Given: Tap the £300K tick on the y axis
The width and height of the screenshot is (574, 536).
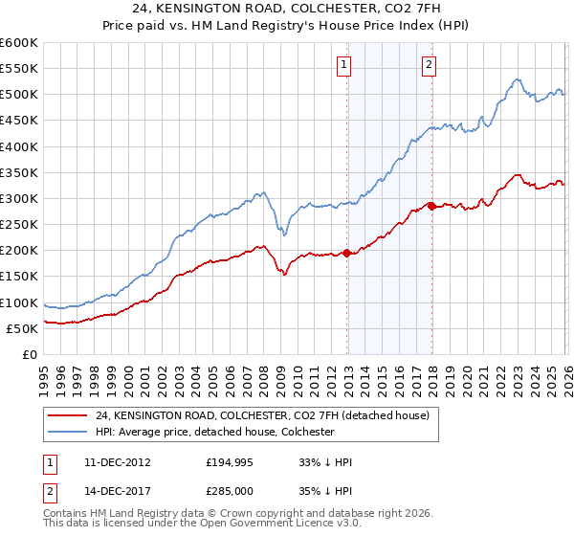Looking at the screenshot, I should point(19,199).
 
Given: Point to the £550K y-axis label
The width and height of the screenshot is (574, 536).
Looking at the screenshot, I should point(19,69).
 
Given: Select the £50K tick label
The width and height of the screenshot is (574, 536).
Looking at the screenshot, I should point(22,329).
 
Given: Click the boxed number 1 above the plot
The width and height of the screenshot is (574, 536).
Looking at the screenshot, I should point(342,65).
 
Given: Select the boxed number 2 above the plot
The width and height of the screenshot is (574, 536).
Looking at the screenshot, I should point(428,65).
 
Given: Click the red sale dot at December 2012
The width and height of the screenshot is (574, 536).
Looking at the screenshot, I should point(347,253).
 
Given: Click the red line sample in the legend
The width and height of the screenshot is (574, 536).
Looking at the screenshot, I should point(69,415).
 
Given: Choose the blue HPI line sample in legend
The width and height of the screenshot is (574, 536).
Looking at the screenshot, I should point(69,432).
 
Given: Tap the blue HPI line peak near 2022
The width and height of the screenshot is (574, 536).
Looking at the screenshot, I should point(516,79).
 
